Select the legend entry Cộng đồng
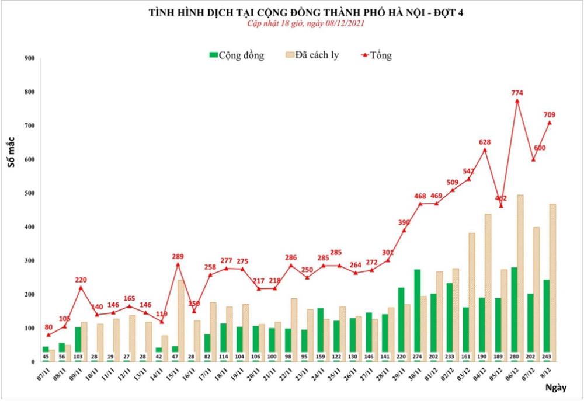pyautogui.click(x=237, y=55)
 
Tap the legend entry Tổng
pyautogui.click(x=377, y=55)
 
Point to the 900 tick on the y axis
pyautogui.click(x=29, y=58)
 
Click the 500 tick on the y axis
pyautogui.click(x=29, y=193)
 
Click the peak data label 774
pyautogui.click(x=517, y=92)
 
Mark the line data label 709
pyautogui.click(x=550, y=114)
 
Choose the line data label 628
pyautogui.click(x=485, y=142)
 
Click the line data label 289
pyautogui.click(x=178, y=256)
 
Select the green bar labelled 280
pyautogui.click(x=514, y=312)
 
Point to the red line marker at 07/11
pyautogui.click(x=48, y=335)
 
